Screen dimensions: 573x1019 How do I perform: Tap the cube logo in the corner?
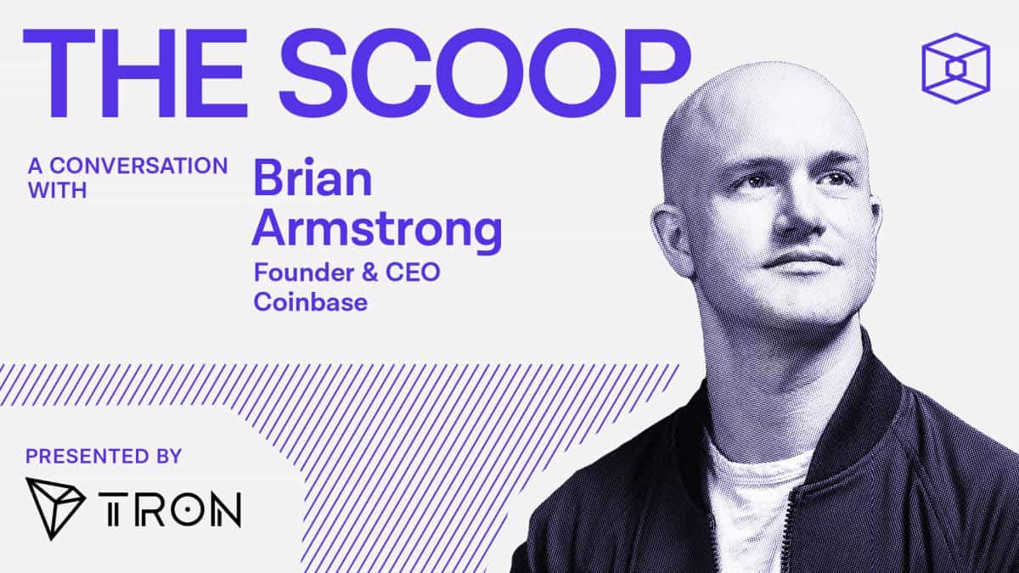[955, 68]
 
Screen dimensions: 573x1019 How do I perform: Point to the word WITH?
[58, 191]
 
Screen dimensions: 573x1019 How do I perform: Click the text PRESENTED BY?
[104, 456]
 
